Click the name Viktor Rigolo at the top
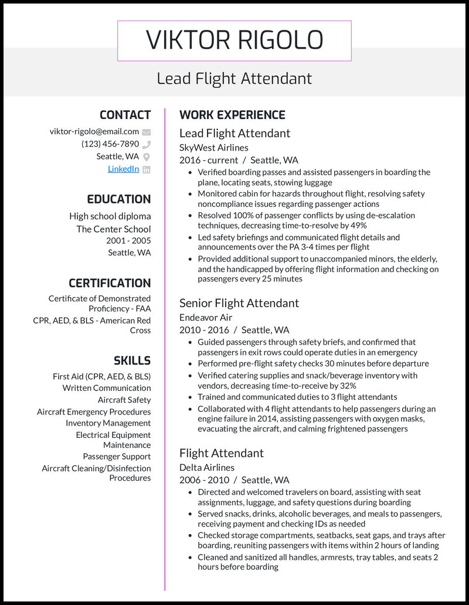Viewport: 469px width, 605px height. pos(234,40)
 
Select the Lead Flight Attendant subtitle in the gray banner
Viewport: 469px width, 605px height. pos(234,78)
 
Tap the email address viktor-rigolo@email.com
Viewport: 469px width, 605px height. pos(94,131)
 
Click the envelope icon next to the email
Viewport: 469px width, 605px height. pos(147,132)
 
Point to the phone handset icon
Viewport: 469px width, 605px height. pos(147,144)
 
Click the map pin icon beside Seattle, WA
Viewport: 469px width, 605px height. pos(147,157)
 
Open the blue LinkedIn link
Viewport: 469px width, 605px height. pos(123,169)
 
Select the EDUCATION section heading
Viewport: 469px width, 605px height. pos(119,199)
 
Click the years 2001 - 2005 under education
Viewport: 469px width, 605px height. pos(128,241)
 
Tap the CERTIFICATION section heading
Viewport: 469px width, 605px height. pos(110,283)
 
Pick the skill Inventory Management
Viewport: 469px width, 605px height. pos(108,423)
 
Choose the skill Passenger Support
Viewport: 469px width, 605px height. pos(117,457)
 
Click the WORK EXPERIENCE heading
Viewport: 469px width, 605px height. pos(232,115)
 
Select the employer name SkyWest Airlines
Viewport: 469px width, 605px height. pos(213,148)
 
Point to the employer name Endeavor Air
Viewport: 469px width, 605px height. pos(206,317)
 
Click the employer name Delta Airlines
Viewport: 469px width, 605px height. pos(207,467)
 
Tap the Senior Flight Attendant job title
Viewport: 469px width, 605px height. pos(239,303)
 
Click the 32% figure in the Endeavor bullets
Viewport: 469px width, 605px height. pos(346,386)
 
